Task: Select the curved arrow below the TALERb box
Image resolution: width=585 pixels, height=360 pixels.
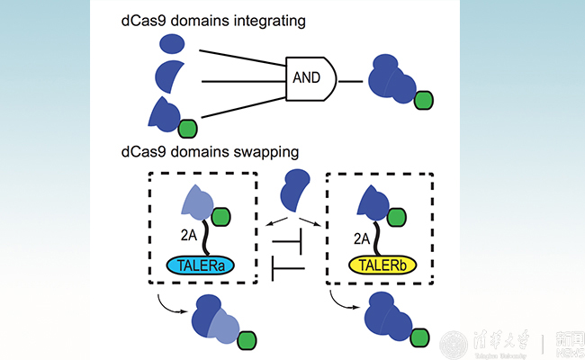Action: coord(345,303)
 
